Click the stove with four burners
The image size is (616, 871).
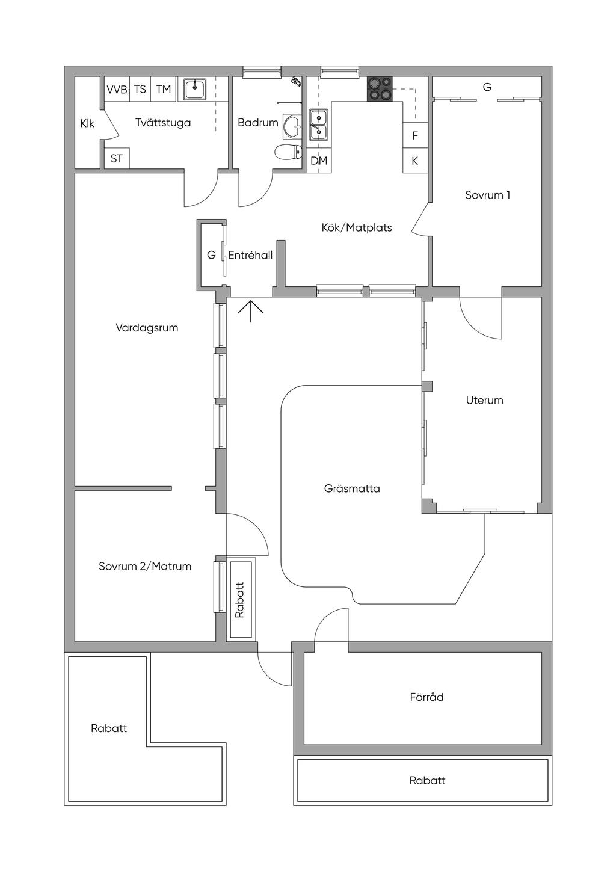(380, 88)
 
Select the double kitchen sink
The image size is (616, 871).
(319, 125)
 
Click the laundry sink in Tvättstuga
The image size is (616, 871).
(195, 89)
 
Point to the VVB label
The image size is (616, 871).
(117, 90)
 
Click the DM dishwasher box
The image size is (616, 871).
(319, 161)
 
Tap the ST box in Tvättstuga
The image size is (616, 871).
(117, 159)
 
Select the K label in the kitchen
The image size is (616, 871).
(415, 161)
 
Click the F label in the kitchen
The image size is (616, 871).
(415, 135)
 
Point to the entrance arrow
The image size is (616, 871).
(251, 311)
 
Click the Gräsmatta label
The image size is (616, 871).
(352, 488)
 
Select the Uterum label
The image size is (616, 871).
(484, 400)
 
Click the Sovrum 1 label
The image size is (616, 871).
(487, 195)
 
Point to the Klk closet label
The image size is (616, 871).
(87, 124)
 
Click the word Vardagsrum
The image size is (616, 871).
(147, 328)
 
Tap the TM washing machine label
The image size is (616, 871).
(164, 90)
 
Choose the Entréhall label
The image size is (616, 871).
(250, 255)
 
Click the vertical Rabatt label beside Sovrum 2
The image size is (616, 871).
(239, 600)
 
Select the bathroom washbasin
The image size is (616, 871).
(292, 126)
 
